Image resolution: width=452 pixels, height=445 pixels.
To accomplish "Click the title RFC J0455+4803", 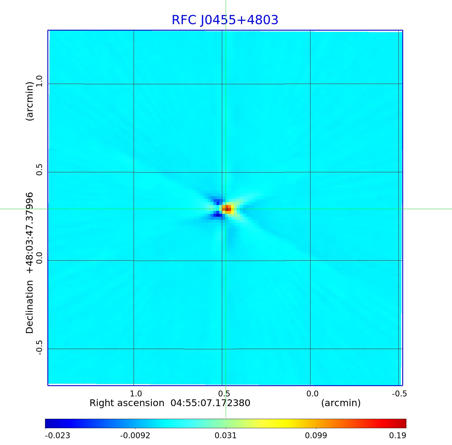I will pyautogui.click(x=225, y=20).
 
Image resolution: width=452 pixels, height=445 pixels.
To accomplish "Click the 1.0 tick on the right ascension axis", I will pyautogui.click(x=136, y=393).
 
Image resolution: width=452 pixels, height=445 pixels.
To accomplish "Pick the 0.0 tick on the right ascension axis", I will pyautogui.click(x=312, y=393).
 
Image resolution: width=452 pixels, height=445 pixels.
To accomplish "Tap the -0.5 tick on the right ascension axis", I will pyautogui.click(x=399, y=393).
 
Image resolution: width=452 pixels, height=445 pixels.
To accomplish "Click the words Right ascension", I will pyautogui.click(x=127, y=403).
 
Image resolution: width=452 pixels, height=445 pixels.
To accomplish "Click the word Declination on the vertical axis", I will pyautogui.click(x=30, y=307).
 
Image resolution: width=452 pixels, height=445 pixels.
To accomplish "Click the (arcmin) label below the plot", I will pyautogui.click(x=341, y=403).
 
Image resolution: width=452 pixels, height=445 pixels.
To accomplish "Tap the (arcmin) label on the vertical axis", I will pyautogui.click(x=30, y=101).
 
